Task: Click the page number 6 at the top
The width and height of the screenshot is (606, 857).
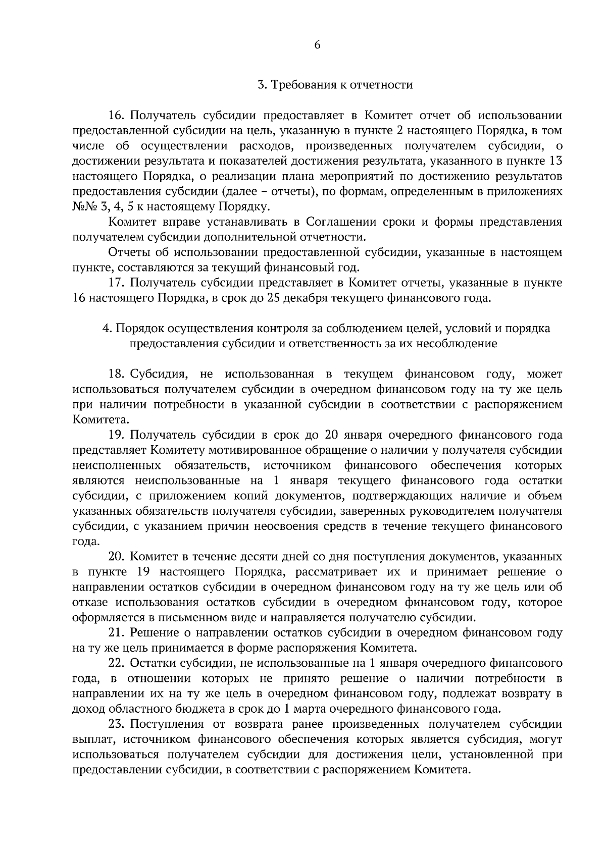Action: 317,45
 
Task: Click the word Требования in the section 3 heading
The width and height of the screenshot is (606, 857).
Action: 301,85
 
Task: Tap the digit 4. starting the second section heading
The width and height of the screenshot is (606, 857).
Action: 107,329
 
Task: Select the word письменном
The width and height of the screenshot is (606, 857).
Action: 198,617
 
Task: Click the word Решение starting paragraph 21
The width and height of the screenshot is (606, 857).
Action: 150,633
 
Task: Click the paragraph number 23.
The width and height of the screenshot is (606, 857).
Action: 117,724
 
